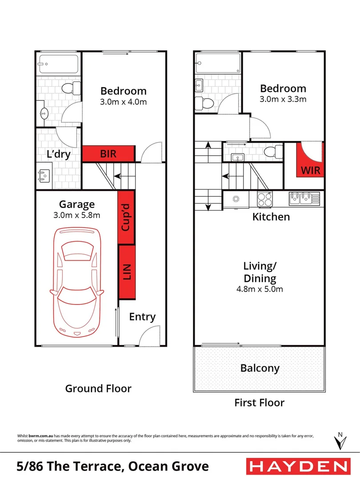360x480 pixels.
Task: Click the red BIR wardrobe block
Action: (108, 154)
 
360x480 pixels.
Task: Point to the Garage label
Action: (77, 204)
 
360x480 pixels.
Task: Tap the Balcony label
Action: (260, 368)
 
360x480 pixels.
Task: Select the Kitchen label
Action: (271, 217)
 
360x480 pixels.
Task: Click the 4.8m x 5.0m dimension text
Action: (260, 289)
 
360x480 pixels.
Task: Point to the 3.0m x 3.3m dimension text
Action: (283, 99)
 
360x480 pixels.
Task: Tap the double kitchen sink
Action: (304, 197)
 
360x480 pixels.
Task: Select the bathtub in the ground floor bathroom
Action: (58, 64)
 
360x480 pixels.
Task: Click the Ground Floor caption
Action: (98, 388)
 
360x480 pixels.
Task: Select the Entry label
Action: (142, 317)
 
